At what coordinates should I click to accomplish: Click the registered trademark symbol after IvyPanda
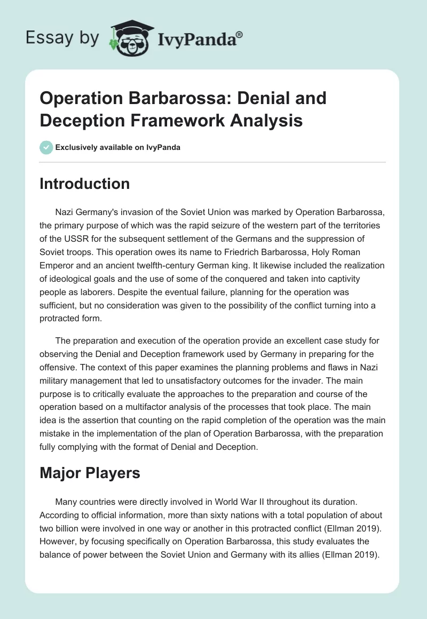pos(240,35)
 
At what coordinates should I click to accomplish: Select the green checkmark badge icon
pos(46,147)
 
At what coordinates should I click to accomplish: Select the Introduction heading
pos(85,184)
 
